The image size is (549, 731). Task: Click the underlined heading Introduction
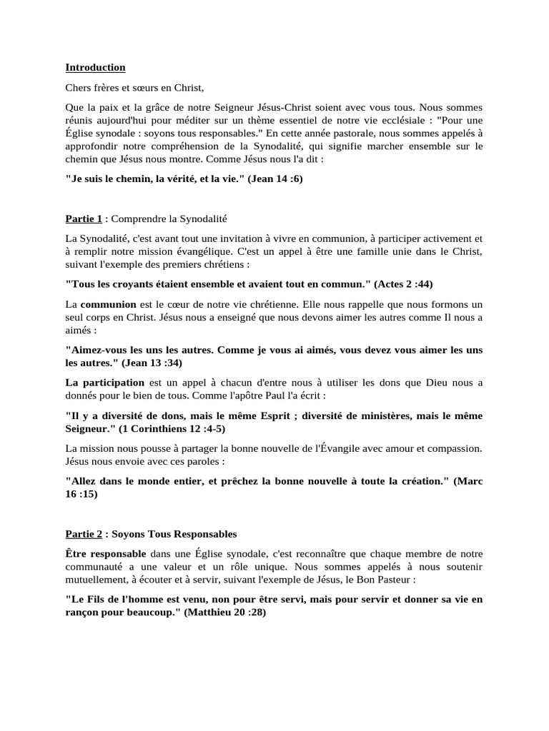(95, 68)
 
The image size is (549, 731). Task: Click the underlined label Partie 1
(84, 218)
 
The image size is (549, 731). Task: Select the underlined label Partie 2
(84, 533)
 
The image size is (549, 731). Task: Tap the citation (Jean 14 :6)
(275, 178)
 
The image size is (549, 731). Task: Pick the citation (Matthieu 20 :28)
(224, 612)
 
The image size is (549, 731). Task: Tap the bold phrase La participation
(104, 383)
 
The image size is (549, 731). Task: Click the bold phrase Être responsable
(106, 554)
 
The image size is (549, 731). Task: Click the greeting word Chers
(79, 89)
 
